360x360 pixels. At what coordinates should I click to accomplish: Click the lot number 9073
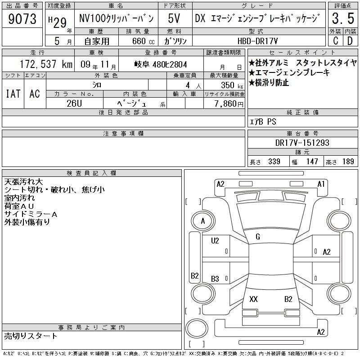pyautogui.click(x=22, y=19)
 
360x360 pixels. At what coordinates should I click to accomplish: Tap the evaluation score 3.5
pyautogui.click(x=343, y=18)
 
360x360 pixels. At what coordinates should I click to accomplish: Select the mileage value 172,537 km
pyautogui.click(x=46, y=64)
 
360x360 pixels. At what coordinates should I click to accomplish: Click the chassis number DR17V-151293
pyautogui.click(x=302, y=143)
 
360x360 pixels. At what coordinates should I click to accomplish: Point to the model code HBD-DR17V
pyautogui.click(x=257, y=41)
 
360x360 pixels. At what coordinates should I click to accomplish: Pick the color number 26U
pyautogui.click(x=74, y=103)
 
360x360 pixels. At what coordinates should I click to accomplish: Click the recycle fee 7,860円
pyautogui.click(x=229, y=104)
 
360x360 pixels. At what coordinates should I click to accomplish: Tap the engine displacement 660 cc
pyautogui.click(x=144, y=41)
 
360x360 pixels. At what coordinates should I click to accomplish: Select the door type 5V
pyautogui.click(x=174, y=18)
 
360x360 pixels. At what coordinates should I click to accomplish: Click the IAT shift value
pyautogui.click(x=13, y=94)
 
